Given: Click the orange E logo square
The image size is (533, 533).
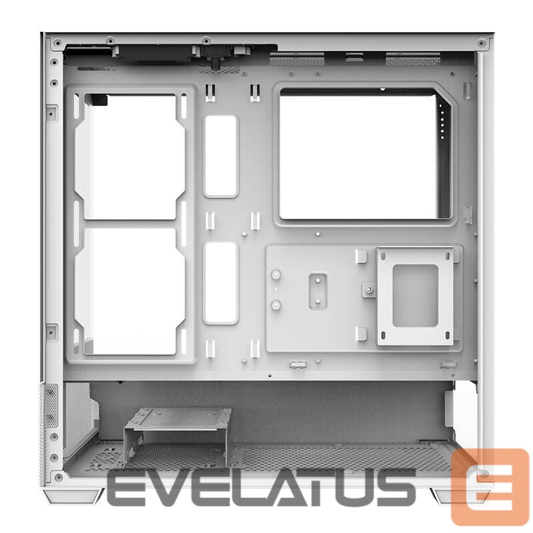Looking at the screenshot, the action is pos(490,486).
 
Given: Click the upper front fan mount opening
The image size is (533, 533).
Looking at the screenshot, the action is pos(130,157).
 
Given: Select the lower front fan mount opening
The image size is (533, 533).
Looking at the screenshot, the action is pos(130,292).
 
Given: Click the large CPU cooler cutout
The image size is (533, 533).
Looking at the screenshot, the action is pos(365,154).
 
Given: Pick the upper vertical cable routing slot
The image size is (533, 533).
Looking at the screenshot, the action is pos(221,157).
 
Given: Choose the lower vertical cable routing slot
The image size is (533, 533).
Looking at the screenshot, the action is pos(221,282).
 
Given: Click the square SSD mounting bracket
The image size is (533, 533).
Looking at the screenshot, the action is pos(415,296).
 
